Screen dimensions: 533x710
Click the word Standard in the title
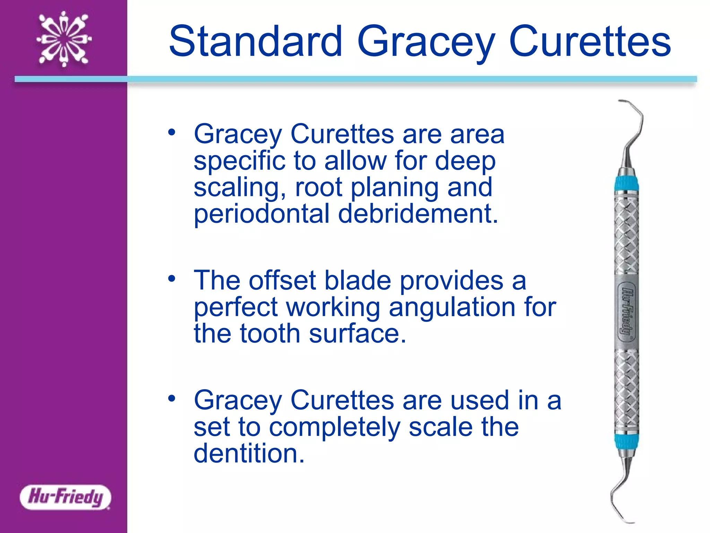tap(256, 42)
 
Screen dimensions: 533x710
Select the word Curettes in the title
tap(590, 42)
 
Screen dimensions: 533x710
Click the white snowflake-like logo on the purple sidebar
tap(64, 39)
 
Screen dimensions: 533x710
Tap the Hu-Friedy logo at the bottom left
tap(65, 497)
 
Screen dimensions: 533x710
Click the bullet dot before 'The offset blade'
tap(172, 278)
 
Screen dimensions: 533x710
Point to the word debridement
tap(418, 214)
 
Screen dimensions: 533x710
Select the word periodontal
tap(261, 214)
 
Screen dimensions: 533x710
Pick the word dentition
tap(249, 453)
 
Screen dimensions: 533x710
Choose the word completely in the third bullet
tap(335, 428)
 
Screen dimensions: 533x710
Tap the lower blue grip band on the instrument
tap(627, 442)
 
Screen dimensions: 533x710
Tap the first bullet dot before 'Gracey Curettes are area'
tap(172, 132)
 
